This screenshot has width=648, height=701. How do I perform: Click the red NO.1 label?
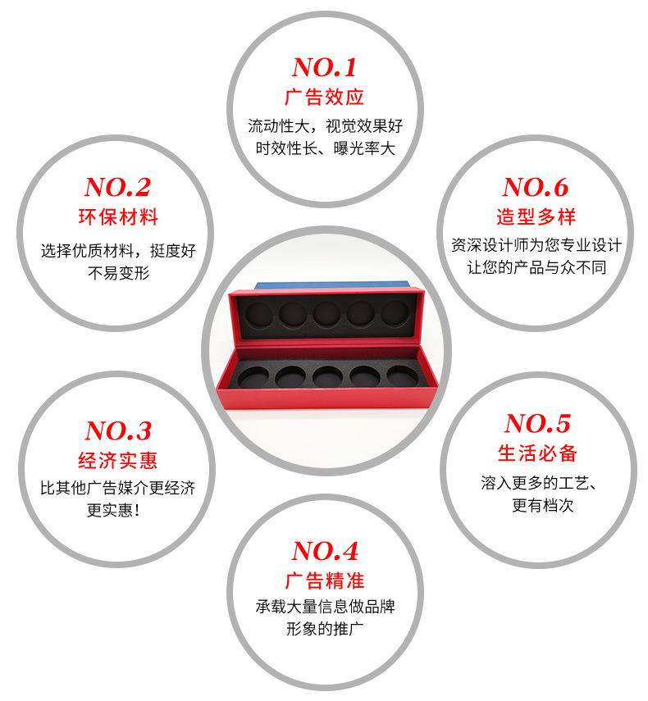click(x=324, y=67)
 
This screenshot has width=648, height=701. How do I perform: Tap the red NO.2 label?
click(x=117, y=188)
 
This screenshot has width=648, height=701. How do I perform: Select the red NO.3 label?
click(x=118, y=430)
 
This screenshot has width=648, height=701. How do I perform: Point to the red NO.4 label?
click(x=325, y=550)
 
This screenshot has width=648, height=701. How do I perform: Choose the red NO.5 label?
click(x=537, y=424)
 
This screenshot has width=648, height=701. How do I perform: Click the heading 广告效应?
click(x=324, y=97)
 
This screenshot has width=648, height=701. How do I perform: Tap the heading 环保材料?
click(x=117, y=217)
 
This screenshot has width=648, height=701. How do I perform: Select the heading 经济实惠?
click(x=117, y=460)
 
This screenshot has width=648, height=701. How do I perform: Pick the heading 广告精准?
click(x=325, y=580)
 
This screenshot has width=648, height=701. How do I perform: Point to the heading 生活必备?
click(x=537, y=453)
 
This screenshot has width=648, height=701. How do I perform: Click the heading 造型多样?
click(x=536, y=217)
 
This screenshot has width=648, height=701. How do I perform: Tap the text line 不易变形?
click(x=118, y=273)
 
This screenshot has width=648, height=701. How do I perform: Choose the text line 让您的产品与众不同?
click(x=536, y=267)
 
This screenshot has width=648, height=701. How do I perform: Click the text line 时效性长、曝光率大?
click(x=325, y=149)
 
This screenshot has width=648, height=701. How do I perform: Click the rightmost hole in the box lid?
click(x=394, y=312)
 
